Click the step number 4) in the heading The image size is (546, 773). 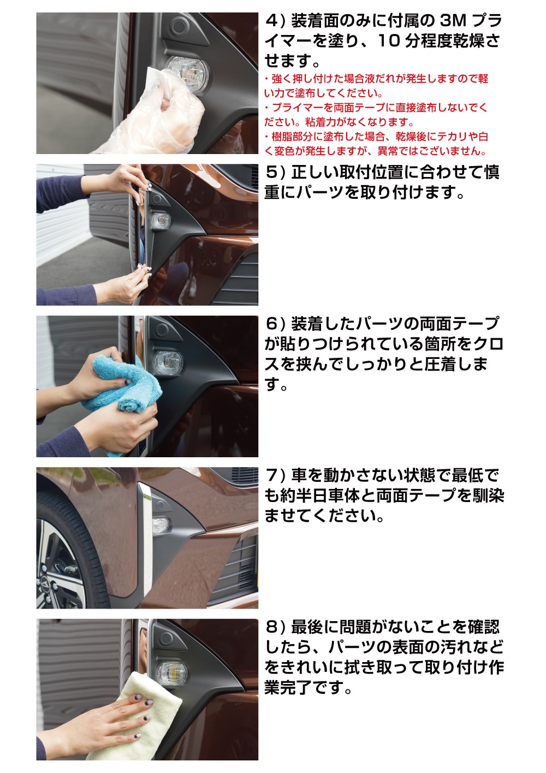pyautogui.click(x=275, y=21)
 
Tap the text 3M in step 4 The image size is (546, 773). pyautogui.click(x=453, y=21)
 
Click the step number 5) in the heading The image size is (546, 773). pyautogui.click(x=275, y=173)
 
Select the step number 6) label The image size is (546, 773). pyautogui.click(x=275, y=324)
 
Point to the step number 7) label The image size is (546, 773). pyautogui.click(x=275, y=475)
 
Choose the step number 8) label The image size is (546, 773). pyautogui.click(x=275, y=627)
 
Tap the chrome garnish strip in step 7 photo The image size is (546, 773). pyautogui.click(x=145, y=541)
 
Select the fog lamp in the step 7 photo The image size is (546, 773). pyautogui.click(x=161, y=526)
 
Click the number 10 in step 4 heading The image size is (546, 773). pyautogui.click(x=389, y=42)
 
